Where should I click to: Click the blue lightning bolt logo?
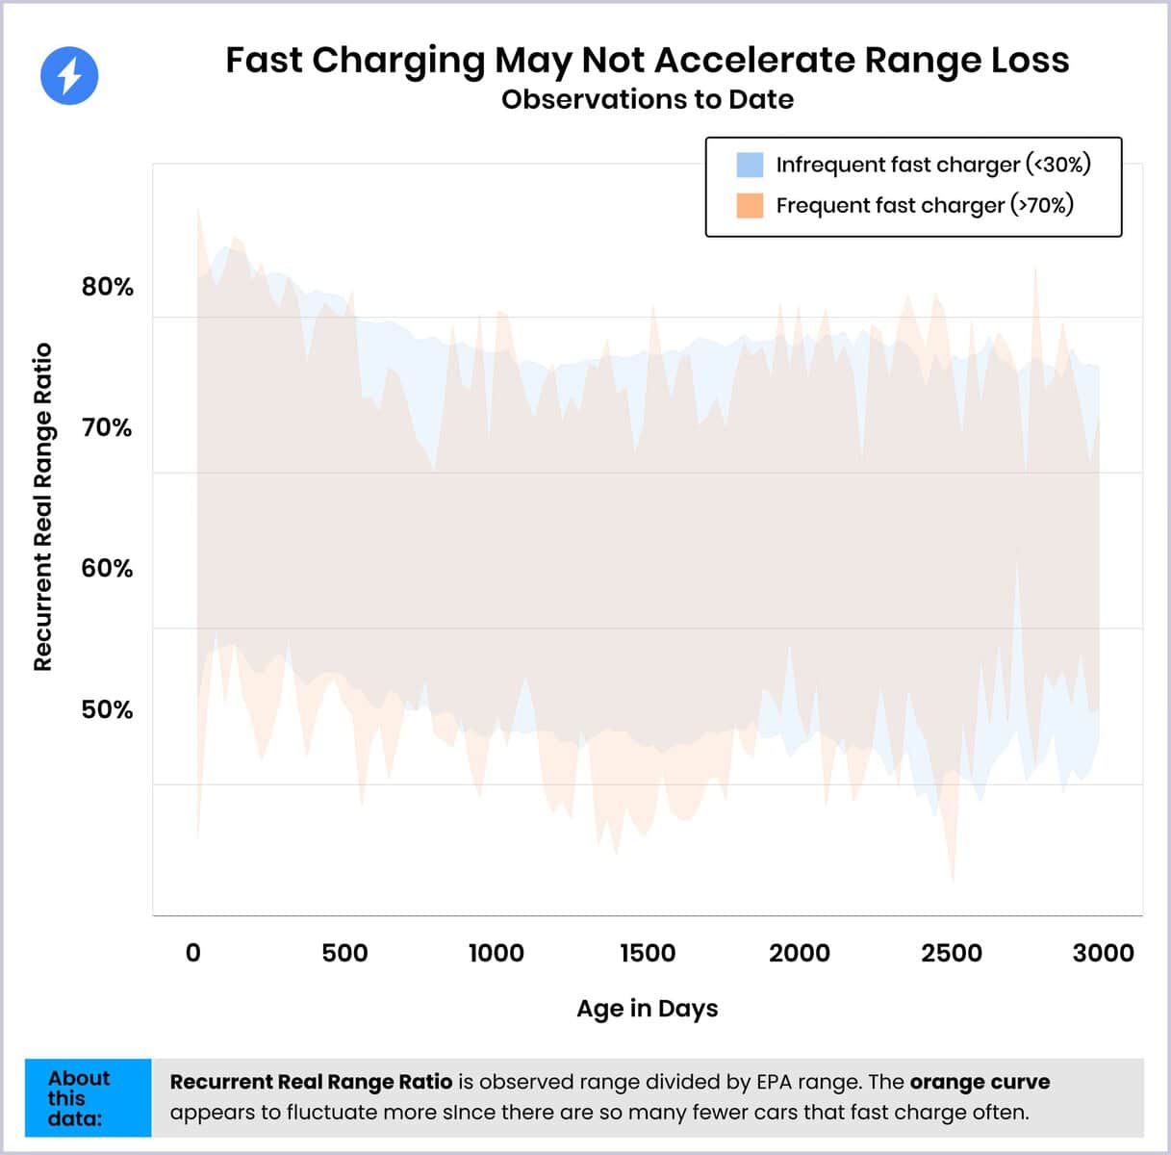pyautogui.click(x=69, y=75)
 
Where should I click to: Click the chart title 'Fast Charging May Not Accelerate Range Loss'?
pyautogui.click(x=647, y=60)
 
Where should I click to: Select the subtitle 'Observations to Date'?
pyautogui.click(x=647, y=99)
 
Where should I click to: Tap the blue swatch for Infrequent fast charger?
pyautogui.click(x=750, y=165)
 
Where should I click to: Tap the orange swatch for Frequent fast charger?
pyautogui.click(x=750, y=205)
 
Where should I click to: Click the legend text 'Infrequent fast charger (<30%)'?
pyautogui.click(x=932, y=165)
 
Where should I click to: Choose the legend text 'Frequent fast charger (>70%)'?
pyautogui.click(x=924, y=205)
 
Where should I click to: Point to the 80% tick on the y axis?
pyautogui.click(x=107, y=287)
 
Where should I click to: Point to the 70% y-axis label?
pyautogui.click(x=107, y=427)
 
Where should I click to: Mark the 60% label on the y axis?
pyautogui.click(x=107, y=568)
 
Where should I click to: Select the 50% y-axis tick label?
pyautogui.click(x=107, y=709)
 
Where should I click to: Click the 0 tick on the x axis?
pyautogui.click(x=193, y=953)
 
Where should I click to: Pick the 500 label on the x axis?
pyautogui.click(x=344, y=953)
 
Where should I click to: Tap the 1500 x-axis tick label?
pyautogui.click(x=648, y=953)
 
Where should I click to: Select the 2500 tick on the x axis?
pyautogui.click(x=951, y=953)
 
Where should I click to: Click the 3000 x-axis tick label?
pyautogui.click(x=1103, y=953)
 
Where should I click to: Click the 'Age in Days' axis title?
pyautogui.click(x=647, y=1008)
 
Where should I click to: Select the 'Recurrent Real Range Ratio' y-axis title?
pyautogui.click(x=42, y=506)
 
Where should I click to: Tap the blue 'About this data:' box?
pyautogui.click(x=88, y=1097)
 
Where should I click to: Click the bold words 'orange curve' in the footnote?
pyautogui.click(x=980, y=1082)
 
